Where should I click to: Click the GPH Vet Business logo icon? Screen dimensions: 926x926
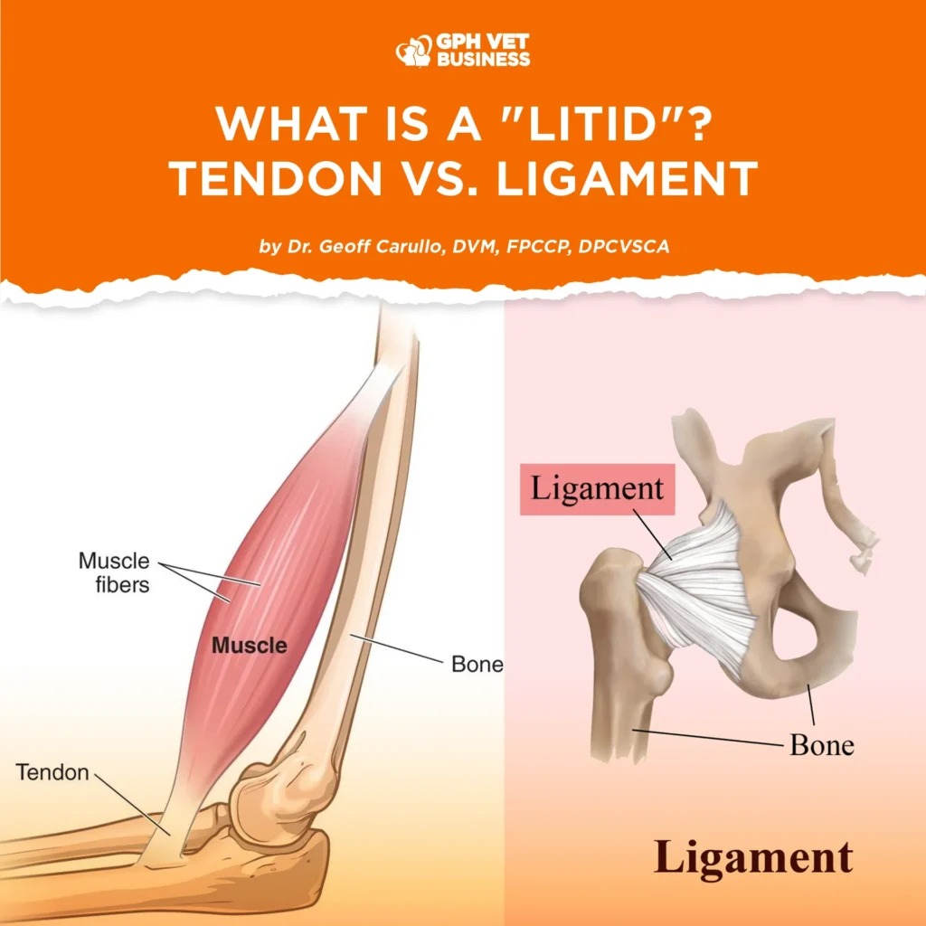[x=413, y=52]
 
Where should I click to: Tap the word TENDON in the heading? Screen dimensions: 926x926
[x=277, y=178]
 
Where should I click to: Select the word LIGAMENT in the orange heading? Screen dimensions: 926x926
[x=627, y=178]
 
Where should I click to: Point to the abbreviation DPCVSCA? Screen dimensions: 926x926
[x=624, y=246]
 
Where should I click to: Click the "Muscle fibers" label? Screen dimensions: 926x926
[x=114, y=572]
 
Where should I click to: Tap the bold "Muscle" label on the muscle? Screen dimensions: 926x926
[x=250, y=645]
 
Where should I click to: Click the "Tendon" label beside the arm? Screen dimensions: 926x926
[x=52, y=772]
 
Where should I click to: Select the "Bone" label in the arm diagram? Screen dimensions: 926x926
[x=477, y=665]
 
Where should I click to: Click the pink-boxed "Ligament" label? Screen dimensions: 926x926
[x=597, y=489]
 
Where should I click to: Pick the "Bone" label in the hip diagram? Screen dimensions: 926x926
[x=822, y=745]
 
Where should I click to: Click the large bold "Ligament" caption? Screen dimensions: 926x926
[x=753, y=857]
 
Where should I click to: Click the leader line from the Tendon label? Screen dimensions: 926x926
[x=133, y=804]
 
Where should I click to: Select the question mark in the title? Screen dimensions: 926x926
[x=698, y=124]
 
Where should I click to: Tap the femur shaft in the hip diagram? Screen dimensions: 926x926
[x=620, y=709]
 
